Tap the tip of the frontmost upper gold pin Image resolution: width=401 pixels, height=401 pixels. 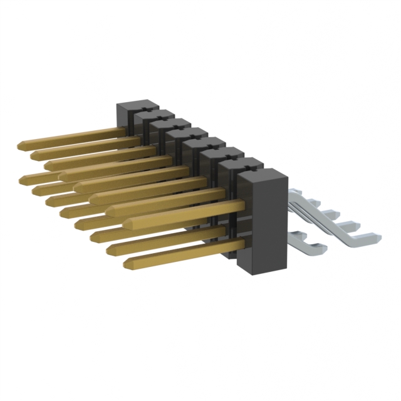coord(126,223)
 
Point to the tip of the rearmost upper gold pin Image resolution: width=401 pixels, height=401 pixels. coord(20,145)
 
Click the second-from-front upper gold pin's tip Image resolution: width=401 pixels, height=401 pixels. coord(109,210)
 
